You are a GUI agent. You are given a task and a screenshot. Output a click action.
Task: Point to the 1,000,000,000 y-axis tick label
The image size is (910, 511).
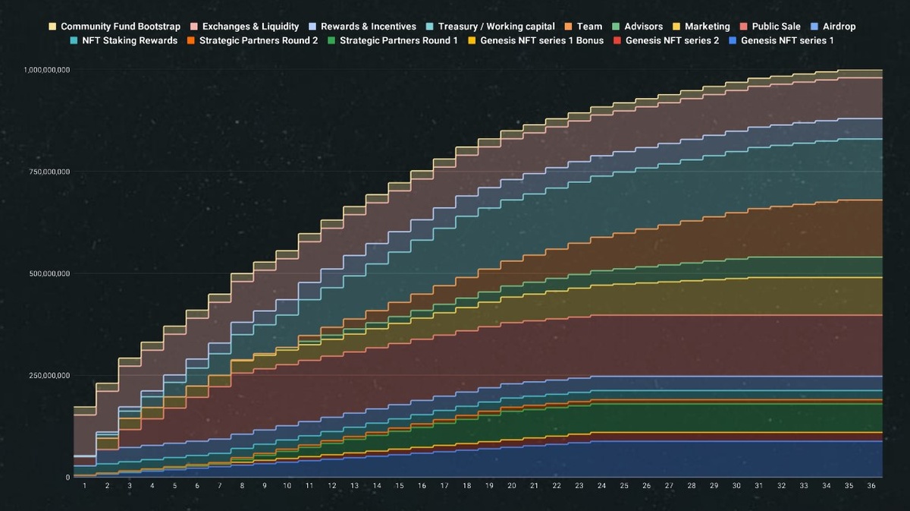47,70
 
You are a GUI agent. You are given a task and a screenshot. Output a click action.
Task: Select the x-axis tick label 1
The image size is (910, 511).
85,486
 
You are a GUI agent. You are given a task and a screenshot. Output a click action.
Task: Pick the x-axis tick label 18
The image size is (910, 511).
467,486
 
